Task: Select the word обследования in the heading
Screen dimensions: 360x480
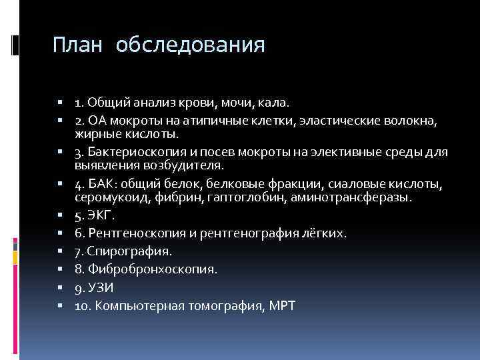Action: pos(190,45)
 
